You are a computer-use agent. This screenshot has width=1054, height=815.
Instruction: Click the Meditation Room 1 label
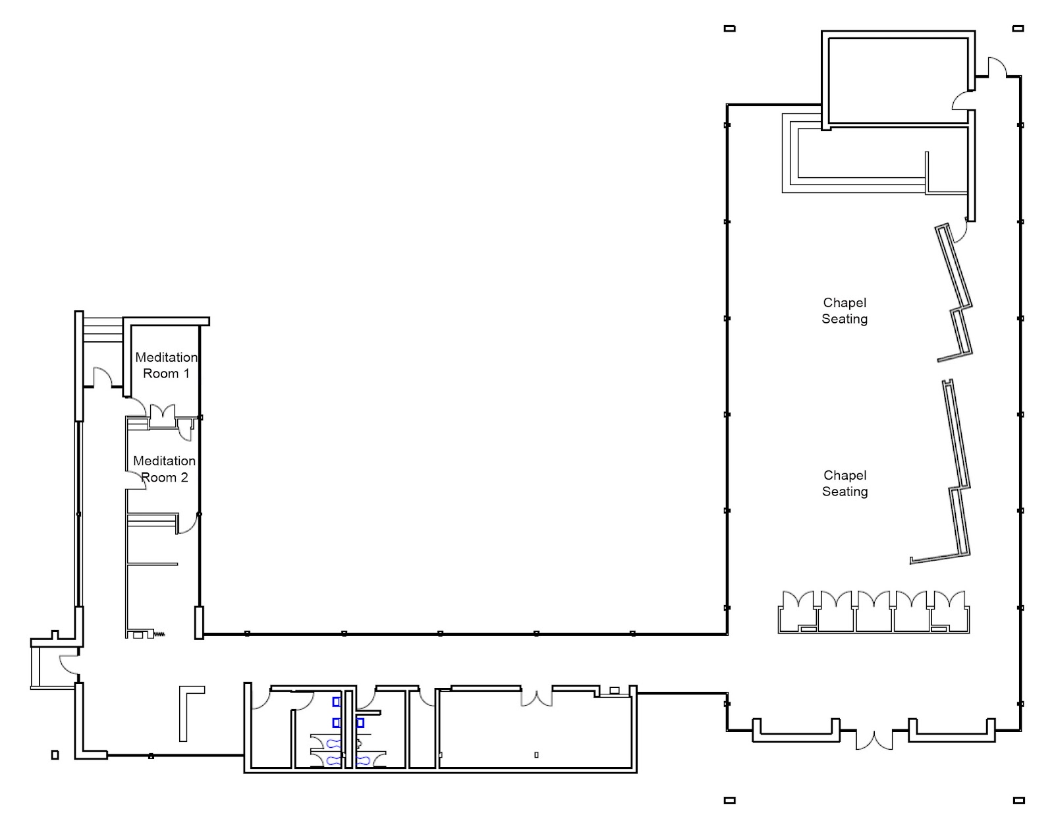coord(167,365)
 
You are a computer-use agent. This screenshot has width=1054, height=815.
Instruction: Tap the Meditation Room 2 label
coord(165,469)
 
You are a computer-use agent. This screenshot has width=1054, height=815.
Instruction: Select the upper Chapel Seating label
coord(845,310)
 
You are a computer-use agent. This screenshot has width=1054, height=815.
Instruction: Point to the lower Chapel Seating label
coord(845,483)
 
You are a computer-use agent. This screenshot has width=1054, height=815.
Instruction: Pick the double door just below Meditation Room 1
coord(163,416)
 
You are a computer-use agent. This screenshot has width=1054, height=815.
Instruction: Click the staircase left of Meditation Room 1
coord(102,329)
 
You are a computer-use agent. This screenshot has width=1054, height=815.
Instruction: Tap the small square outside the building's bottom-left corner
coord(55,755)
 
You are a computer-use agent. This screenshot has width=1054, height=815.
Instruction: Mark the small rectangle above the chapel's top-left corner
coord(729,28)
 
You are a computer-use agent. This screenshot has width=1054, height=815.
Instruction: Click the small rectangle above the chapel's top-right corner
coord(1018,28)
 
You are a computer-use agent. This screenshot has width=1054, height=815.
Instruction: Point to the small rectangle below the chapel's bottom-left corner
coord(729,801)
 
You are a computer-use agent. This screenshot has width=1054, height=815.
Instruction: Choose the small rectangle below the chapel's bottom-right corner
coord(1018,801)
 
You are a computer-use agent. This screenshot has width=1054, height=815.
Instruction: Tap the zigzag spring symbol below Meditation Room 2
coord(159,634)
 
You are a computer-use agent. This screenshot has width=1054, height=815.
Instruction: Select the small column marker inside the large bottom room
coord(536,755)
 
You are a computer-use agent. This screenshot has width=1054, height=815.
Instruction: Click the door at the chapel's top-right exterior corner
coord(997,67)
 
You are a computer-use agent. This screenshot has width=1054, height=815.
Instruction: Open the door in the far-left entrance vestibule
coord(69,665)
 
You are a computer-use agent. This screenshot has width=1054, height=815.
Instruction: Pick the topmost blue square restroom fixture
coord(336,702)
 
